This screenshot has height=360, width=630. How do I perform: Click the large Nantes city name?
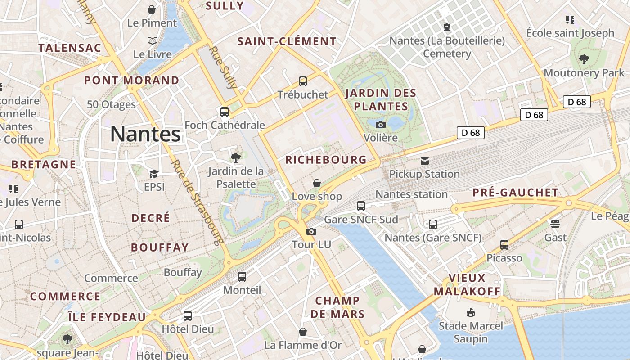pos(145,134)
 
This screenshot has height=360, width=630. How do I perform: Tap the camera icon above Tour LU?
pos(311,232)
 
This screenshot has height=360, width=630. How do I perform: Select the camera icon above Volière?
pos(381,125)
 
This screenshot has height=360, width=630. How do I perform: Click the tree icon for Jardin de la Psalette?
pos(235,157)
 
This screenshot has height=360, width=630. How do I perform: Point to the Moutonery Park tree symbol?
pos(584,59)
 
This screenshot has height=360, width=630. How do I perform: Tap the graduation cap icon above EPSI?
pos(154,174)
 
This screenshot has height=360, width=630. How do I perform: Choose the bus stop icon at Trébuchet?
pos(303,81)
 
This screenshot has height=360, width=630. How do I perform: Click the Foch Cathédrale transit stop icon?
pos(224,112)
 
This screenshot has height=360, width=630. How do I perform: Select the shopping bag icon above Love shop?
pos(317,183)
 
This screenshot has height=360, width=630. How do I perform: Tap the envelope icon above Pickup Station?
pos(424,161)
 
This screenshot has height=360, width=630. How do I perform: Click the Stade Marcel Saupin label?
pos(471,332)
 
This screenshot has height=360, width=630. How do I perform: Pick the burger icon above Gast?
pos(555,224)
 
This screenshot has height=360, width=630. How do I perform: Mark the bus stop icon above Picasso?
pos(504,245)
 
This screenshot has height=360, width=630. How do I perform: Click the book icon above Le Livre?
pos(153,41)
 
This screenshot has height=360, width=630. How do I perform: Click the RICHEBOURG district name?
pos(326,160)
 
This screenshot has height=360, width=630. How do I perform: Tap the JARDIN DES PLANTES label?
pos(381,100)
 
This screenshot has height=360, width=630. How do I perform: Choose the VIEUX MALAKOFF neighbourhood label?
pos(467,284)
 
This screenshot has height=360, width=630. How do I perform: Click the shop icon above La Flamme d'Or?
pos(303,332)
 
